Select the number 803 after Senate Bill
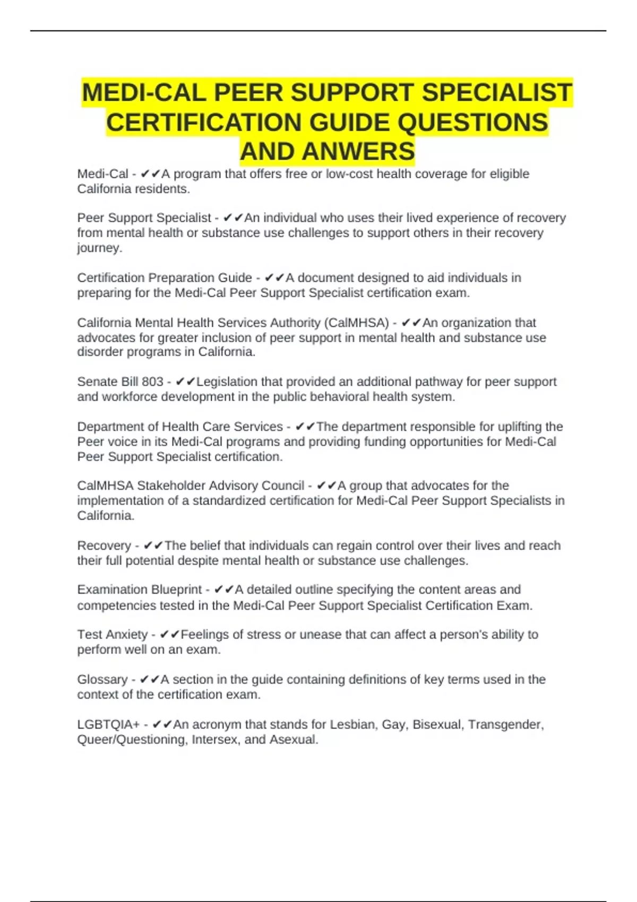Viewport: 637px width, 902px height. [x=152, y=382]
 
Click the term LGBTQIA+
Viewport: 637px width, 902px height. [x=108, y=725]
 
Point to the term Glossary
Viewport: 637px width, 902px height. [x=102, y=680]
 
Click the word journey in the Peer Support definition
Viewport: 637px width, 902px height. [x=99, y=248]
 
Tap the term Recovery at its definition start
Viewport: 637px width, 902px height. [x=104, y=546]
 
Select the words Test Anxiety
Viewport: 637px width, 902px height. [x=113, y=635]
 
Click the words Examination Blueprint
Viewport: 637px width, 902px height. [x=140, y=590]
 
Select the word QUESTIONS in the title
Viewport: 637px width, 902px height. [x=472, y=123]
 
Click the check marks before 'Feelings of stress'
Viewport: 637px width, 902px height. [x=170, y=635]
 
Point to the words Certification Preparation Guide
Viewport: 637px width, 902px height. [x=165, y=278]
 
